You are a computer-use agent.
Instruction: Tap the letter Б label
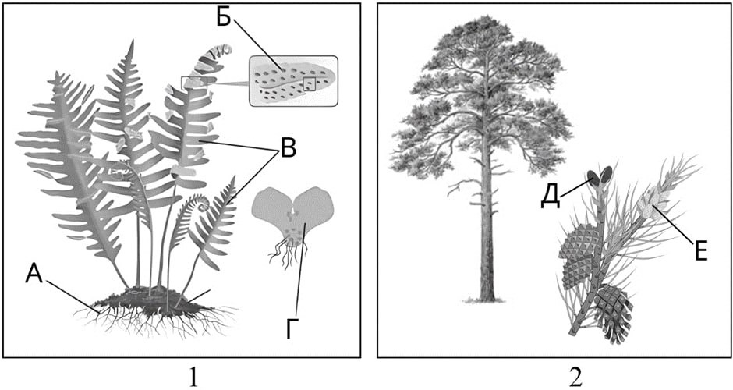tap(224, 18)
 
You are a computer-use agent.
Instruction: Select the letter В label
tap(288, 149)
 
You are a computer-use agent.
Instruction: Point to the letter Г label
tap(292, 328)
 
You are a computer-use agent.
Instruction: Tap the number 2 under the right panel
tap(575, 377)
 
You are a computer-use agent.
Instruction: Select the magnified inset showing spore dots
tap(293, 80)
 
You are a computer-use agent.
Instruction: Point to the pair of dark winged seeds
tap(599, 178)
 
